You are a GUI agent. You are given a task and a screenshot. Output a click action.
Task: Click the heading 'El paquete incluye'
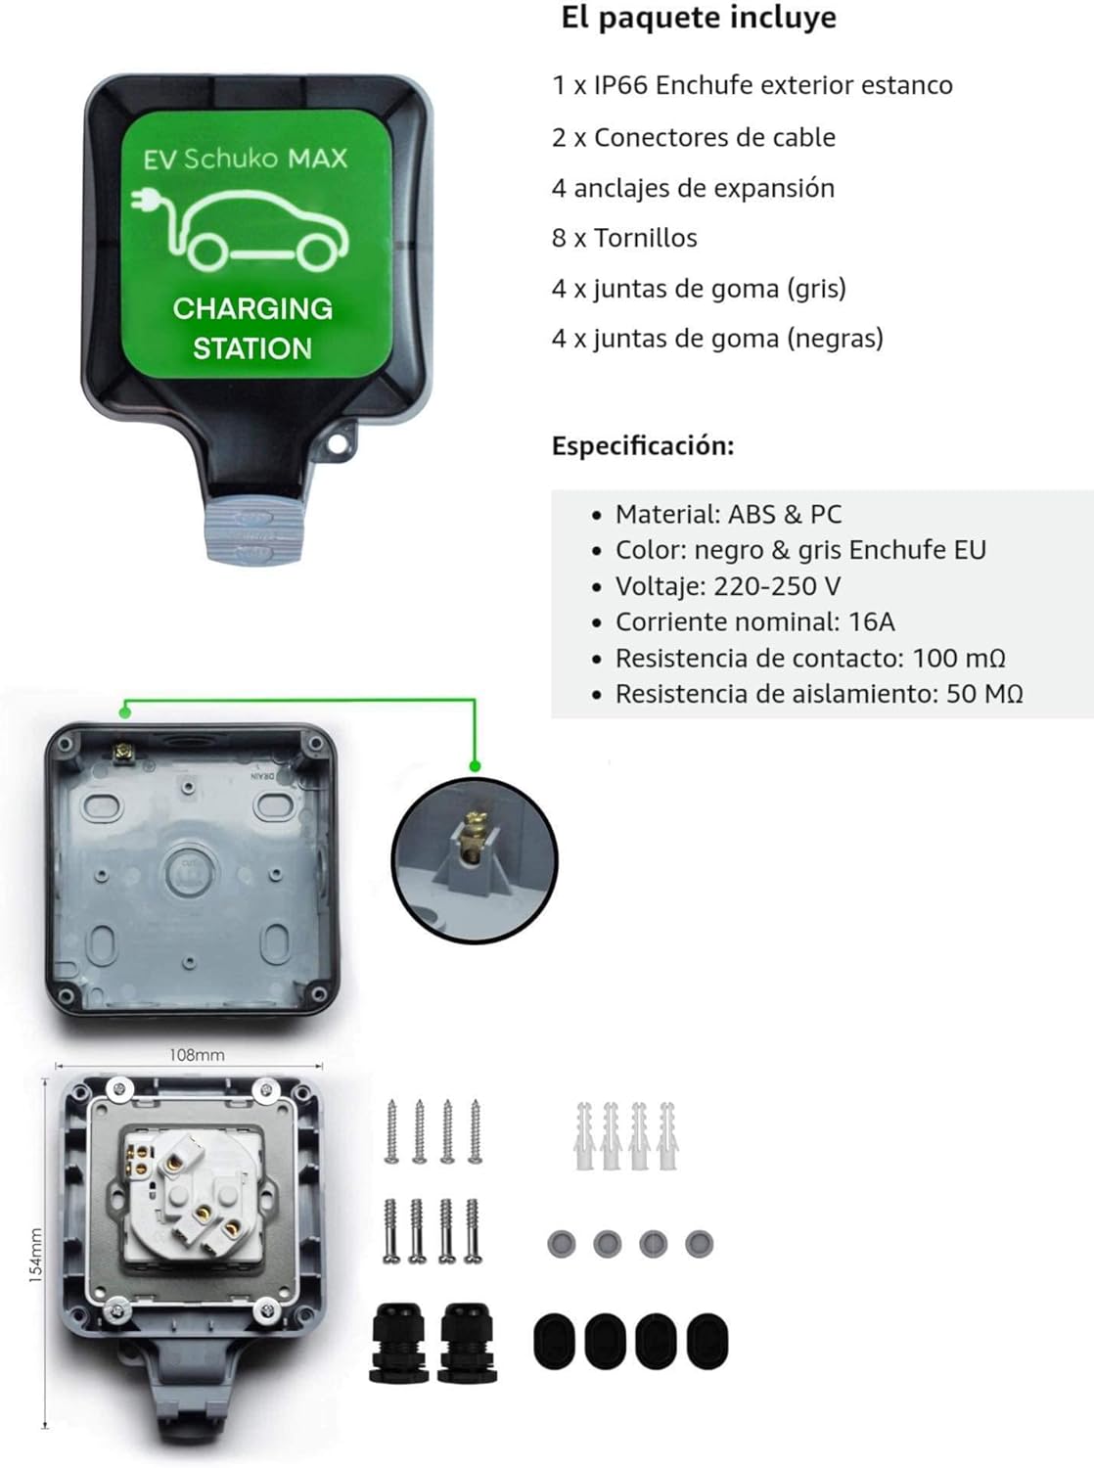pos(698,18)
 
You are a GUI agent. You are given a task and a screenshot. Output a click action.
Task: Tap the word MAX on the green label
pos(317,159)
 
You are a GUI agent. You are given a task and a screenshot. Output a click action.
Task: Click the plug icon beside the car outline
pos(143,200)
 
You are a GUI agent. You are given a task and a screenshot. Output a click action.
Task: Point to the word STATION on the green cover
pos(252,348)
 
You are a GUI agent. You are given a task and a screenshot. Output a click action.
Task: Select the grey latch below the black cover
pos(254,533)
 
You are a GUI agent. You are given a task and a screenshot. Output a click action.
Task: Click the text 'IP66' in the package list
pos(619,85)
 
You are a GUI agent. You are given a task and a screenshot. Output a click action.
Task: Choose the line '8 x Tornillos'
pos(624,238)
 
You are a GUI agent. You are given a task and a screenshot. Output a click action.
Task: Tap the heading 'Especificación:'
pos(643,445)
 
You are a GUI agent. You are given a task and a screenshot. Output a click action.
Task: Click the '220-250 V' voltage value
pos(777,586)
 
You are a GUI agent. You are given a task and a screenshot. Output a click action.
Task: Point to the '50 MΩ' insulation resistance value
pos(983,694)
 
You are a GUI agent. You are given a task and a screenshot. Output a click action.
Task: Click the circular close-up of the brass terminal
pos(475,860)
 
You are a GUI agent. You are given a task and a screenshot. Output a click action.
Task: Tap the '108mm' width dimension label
pos(197,1055)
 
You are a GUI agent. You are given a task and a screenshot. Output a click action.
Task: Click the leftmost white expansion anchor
pos(584,1135)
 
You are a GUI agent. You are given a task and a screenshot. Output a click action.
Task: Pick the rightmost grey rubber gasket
pos(699,1244)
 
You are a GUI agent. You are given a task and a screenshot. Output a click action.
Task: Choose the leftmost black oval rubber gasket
pos(555,1340)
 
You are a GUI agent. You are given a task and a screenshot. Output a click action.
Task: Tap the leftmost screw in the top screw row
pos(391,1131)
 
